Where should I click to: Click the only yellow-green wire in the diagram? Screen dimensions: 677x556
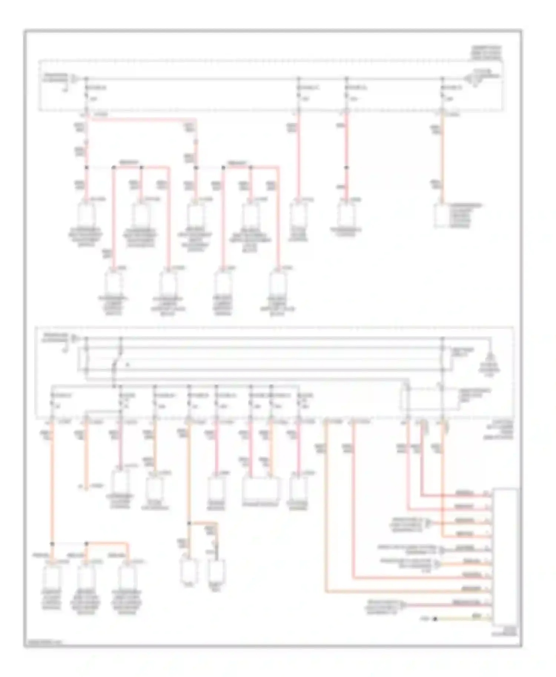pyautogui.click(x=463, y=618)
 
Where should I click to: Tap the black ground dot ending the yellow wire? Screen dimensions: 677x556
pyautogui.click(x=435, y=618)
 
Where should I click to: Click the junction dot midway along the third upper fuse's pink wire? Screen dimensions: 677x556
pyautogui.click(x=347, y=168)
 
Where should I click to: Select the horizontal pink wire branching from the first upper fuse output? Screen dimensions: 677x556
pyautogui.click(x=141, y=119)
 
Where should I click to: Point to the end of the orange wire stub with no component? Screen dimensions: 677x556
pyautogui.click(x=86, y=488)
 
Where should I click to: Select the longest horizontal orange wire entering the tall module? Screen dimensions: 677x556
pyautogui.click(x=408, y=592)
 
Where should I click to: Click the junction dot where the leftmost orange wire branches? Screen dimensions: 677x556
pyautogui.click(x=52, y=544)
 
